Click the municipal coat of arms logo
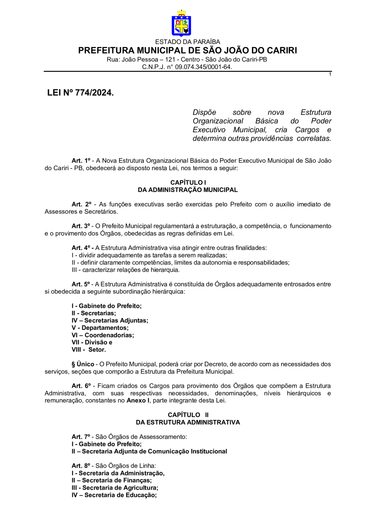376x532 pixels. coord(181,24)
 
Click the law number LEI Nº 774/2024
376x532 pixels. coord(80,93)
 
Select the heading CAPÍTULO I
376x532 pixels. coord(188,183)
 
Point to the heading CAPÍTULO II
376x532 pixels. coord(188,414)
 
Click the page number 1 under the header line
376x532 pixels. coord(330,74)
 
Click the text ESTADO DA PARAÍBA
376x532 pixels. coord(188,42)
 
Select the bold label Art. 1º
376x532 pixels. coord(81,160)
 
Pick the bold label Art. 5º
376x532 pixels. coord(81,284)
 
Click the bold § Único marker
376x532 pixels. coord(83,364)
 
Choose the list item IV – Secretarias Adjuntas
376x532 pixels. coord(110,320)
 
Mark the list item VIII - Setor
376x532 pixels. coord(89,349)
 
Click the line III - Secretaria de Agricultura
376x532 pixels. coord(115,488)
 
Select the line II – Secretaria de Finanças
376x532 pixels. coord(112,481)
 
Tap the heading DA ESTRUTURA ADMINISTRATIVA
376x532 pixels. coord(188,422)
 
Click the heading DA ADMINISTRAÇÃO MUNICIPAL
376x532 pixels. coord(188,190)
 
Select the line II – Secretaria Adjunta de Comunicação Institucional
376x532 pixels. coord(149,451)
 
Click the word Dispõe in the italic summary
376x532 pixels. coord(204,113)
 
